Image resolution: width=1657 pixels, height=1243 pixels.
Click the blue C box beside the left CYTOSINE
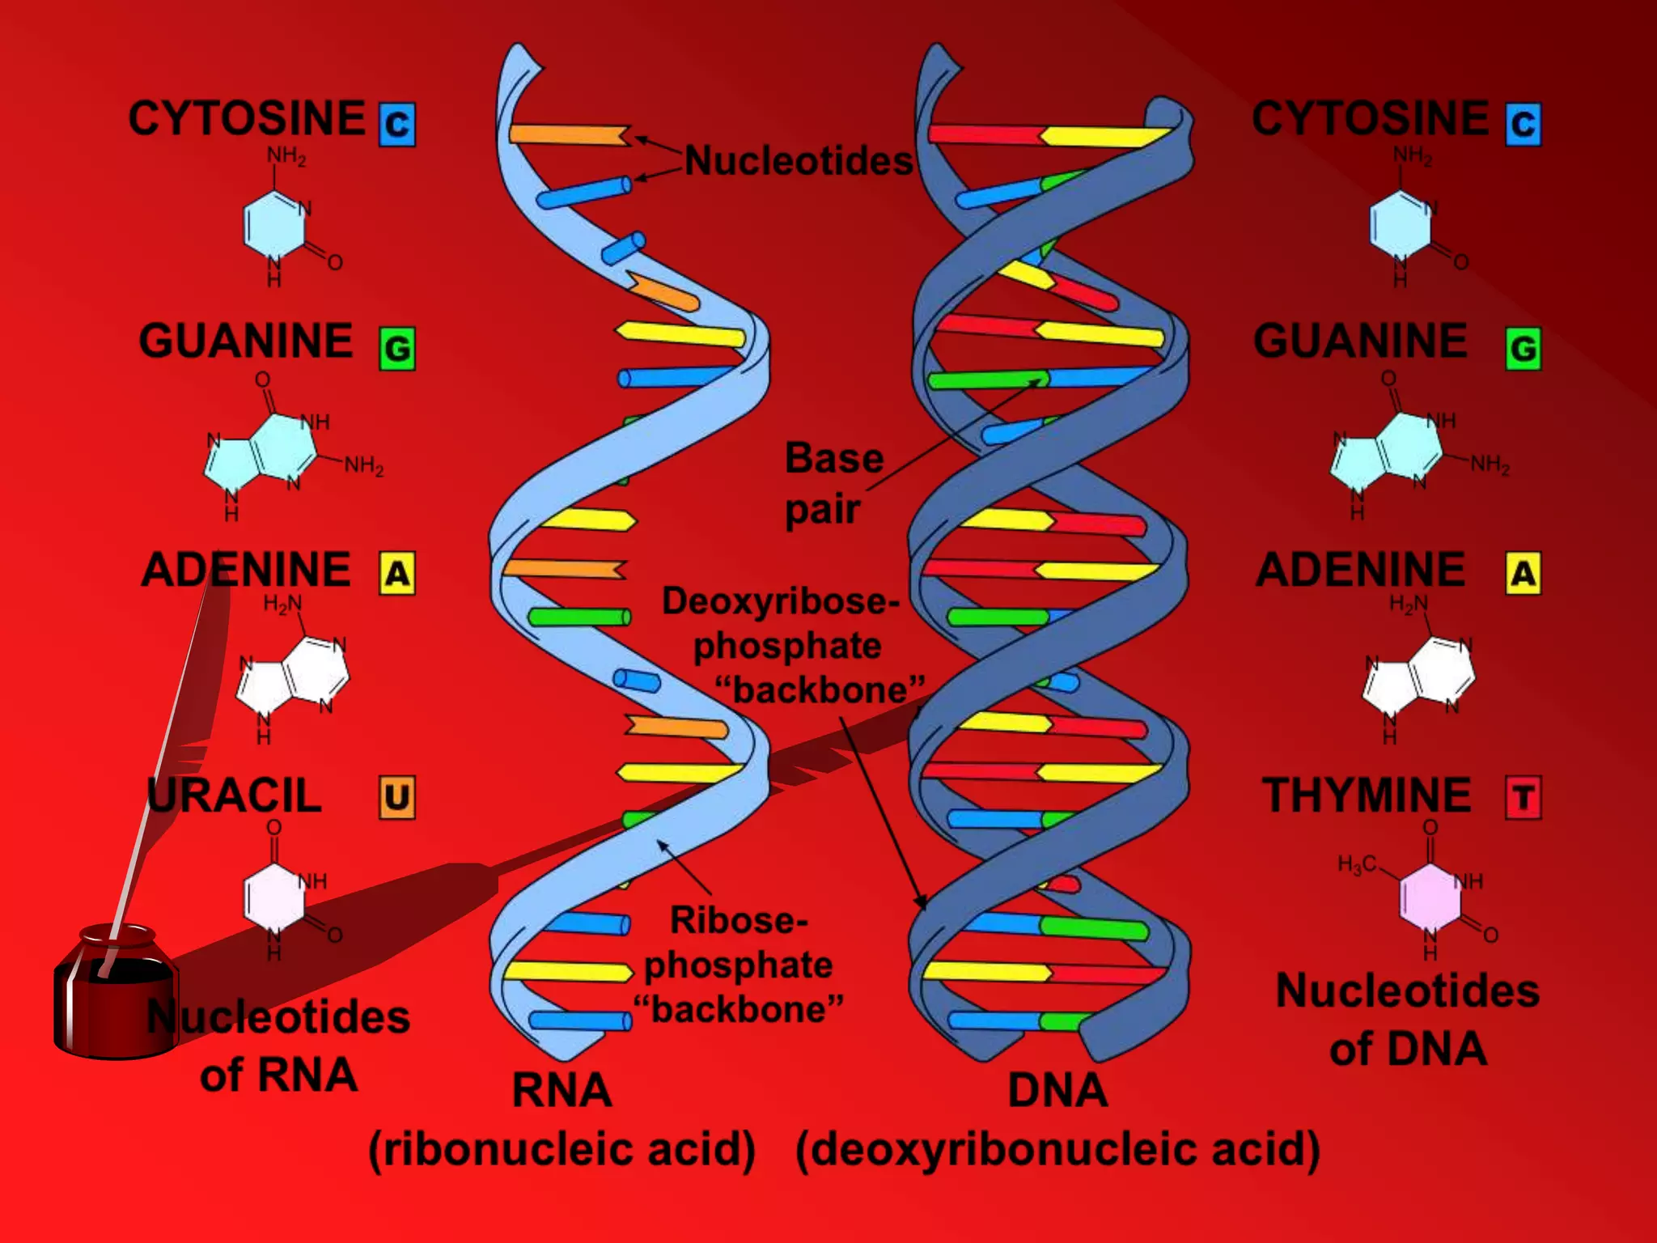[397, 125]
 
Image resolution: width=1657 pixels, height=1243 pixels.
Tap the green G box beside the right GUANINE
[1523, 349]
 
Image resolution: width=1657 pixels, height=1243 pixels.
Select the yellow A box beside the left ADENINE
[397, 574]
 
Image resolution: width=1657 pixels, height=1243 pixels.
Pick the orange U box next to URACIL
[397, 798]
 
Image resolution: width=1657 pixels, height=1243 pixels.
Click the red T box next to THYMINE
[1523, 798]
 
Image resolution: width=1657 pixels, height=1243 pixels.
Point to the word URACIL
[235, 795]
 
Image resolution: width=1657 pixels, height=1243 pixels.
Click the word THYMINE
[1367, 795]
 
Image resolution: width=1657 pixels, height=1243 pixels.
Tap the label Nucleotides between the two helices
[799, 161]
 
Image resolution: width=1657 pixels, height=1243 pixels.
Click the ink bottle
[116, 995]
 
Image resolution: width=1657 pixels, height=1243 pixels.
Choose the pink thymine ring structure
[1430, 897]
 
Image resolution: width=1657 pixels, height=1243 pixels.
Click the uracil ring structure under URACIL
[275, 897]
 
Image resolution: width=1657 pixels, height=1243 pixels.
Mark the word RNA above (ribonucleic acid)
[562, 1090]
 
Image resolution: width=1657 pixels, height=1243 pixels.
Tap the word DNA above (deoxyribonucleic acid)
[1057, 1090]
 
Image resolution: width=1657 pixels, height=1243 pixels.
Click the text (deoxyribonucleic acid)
[1057, 1150]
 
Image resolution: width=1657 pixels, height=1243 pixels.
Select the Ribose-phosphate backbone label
[738, 965]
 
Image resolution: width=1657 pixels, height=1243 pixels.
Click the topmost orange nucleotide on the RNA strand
[570, 134]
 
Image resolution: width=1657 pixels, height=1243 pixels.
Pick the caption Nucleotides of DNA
[1408, 1020]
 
